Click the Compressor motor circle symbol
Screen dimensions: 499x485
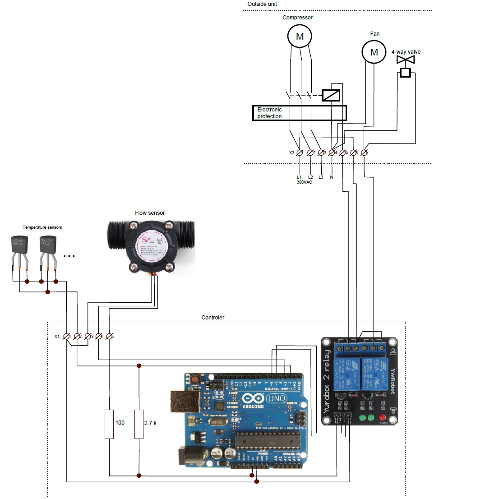click(x=300, y=36)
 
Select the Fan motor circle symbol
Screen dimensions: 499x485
click(x=374, y=51)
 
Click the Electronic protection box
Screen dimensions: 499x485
click(x=299, y=113)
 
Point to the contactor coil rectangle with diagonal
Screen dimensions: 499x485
click(x=331, y=95)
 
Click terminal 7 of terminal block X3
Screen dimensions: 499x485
click(x=365, y=153)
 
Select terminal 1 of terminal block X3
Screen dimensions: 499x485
click(x=300, y=153)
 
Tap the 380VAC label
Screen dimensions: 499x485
click(x=304, y=182)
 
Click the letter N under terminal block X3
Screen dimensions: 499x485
click(x=332, y=177)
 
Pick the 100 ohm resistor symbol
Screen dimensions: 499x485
click(x=109, y=424)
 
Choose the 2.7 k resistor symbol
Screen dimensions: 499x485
click(x=139, y=424)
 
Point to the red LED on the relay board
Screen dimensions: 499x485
click(x=383, y=417)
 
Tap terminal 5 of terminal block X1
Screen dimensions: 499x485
click(x=109, y=336)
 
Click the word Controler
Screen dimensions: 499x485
click(x=212, y=318)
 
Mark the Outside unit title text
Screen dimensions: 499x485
click(x=262, y=4)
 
